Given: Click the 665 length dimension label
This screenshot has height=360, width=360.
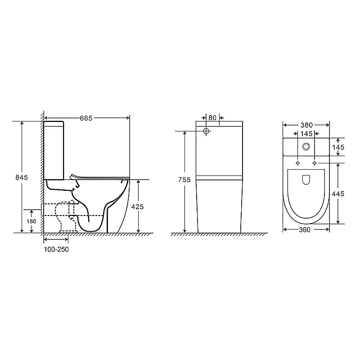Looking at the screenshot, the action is click(x=86, y=118).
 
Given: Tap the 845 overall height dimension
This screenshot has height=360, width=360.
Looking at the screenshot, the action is click(x=22, y=177).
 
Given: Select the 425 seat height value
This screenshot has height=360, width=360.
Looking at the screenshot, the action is click(x=137, y=207).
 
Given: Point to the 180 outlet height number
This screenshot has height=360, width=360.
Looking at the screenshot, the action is click(x=31, y=221).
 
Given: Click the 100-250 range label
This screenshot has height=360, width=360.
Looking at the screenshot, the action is click(x=56, y=249).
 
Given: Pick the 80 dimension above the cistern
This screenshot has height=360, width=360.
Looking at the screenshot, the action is click(x=212, y=117).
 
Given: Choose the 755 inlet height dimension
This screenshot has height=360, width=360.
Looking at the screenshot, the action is click(x=184, y=180).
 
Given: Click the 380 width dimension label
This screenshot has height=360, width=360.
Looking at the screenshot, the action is click(x=306, y=125).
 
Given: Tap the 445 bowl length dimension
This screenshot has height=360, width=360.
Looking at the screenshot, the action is click(x=338, y=194).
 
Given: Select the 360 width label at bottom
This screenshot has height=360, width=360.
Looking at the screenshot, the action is click(x=305, y=229).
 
